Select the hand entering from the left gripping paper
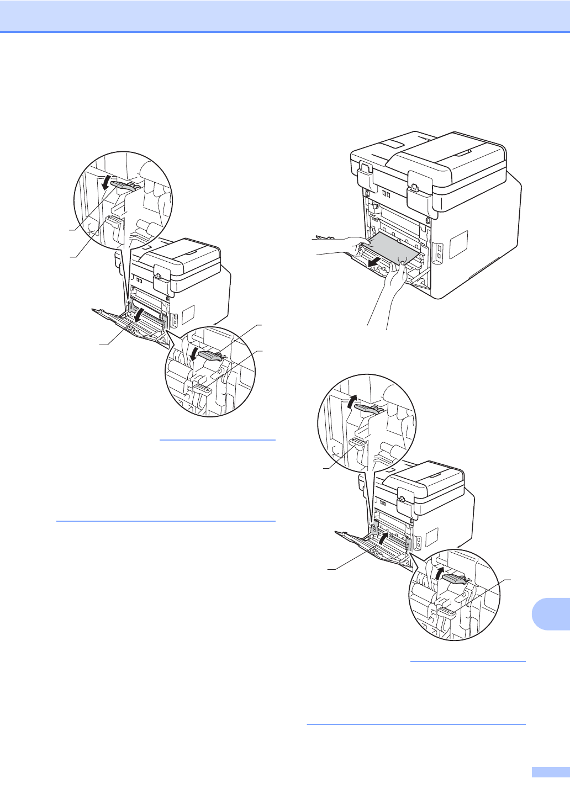345,243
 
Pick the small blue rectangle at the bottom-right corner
551,772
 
